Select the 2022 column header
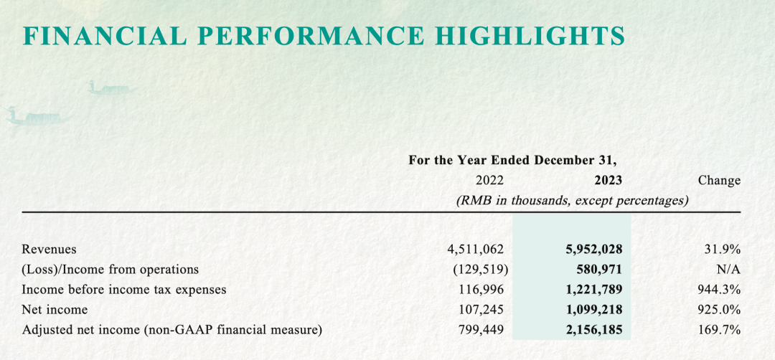pyautogui.click(x=489, y=181)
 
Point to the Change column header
pyautogui.click(x=718, y=181)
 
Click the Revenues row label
pyautogui.click(x=49, y=250)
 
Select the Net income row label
pyautogui.click(x=55, y=310)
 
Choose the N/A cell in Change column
pyautogui.click(x=728, y=270)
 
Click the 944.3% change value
pyautogui.click(x=720, y=290)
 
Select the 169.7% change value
pyautogui.click(x=720, y=330)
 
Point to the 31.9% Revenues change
pyautogui.click(x=723, y=250)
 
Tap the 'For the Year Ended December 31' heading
pyautogui.click(x=512, y=160)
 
